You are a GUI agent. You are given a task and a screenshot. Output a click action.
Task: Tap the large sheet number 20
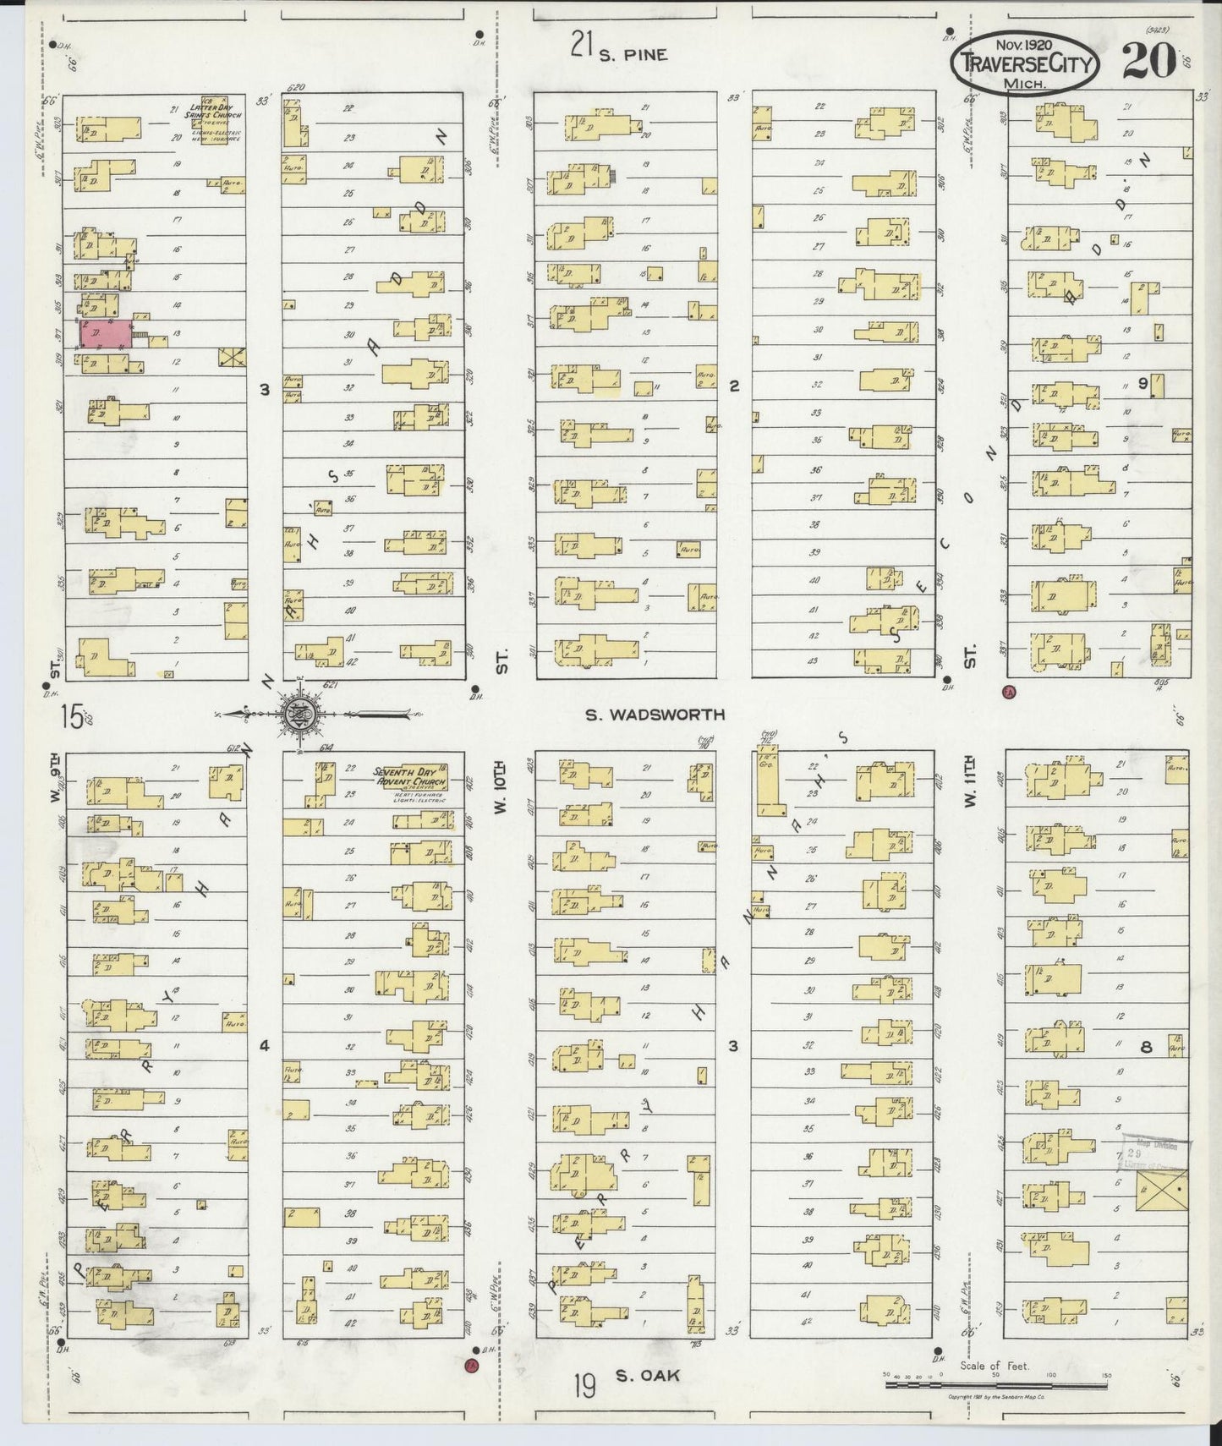click(1148, 61)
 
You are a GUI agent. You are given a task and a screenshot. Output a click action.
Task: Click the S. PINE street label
click(633, 54)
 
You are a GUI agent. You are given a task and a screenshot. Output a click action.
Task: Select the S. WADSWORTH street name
click(656, 715)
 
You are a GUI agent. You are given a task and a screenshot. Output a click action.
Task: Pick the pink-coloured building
click(106, 333)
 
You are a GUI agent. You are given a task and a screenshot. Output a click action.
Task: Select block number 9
click(1143, 383)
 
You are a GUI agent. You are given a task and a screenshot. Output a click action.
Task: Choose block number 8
click(1146, 1047)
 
